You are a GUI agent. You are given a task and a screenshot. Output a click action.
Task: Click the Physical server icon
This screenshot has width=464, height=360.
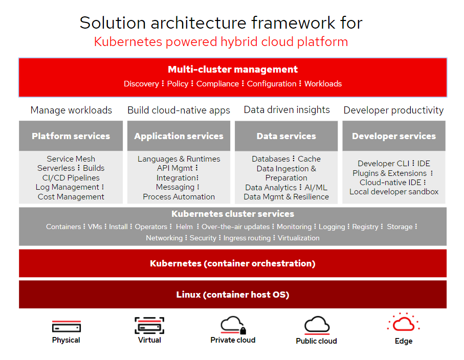point(66,326)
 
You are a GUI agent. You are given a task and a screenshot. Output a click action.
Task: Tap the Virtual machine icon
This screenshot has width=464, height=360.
point(149,326)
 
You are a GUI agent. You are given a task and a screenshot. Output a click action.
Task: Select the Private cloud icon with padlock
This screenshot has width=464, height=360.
point(233,325)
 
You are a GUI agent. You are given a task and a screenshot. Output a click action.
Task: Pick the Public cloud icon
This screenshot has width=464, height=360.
point(317,325)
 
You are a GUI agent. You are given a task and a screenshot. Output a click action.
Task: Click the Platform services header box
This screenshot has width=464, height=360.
point(71,136)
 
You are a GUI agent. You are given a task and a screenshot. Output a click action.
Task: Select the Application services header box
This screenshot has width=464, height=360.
point(179,136)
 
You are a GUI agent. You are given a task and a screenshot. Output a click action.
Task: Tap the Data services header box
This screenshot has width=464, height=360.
point(286,136)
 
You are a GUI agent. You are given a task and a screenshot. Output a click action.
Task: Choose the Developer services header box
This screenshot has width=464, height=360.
point(394,136)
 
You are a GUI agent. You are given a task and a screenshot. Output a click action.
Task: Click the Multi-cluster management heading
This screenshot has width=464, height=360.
point(233,69)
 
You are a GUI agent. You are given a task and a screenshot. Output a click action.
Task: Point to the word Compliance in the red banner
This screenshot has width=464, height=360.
point(218,84)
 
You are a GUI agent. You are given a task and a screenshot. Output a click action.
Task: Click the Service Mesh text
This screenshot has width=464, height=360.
point(71,159)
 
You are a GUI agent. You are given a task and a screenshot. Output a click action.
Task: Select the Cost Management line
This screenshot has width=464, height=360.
point(71,197)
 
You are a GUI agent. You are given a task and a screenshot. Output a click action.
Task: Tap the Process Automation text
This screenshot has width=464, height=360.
point(179,197)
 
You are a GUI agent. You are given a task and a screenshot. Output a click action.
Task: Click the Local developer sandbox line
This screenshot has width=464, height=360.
point(394,192)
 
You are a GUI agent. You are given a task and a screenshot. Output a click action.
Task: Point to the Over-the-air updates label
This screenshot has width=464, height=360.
point(235,227)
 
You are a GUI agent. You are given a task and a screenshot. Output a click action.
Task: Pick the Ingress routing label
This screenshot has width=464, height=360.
point(248,238)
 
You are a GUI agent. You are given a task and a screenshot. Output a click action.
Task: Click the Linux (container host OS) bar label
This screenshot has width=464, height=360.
point(233,295)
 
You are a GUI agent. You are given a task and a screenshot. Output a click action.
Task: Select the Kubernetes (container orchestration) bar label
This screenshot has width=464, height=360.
point(233,263)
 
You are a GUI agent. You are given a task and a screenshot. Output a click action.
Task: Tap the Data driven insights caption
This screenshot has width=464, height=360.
point(286,109)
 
